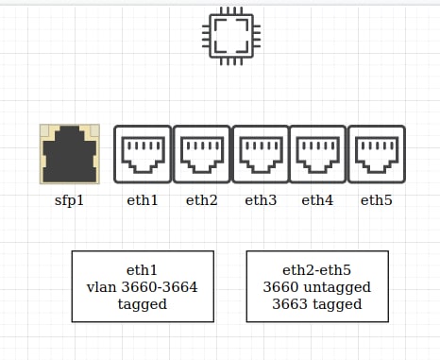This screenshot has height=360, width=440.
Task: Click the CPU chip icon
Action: [x=231, y=36]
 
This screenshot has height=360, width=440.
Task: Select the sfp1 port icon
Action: [x=70, y=154]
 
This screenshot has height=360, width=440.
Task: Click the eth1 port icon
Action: [x=143, y=154]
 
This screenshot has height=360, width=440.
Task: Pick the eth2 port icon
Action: [x=202, y=154]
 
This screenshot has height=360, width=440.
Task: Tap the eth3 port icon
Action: [x=261, y=154]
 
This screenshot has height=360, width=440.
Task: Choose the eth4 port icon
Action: [x=317, y=154]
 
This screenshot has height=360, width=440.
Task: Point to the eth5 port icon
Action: [x=377, y=154]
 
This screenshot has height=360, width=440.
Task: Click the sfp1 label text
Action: [x=69, y=200]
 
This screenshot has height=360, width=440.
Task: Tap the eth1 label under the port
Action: [x=143, y=200]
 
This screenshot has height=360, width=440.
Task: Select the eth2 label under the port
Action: [x=202, y=200]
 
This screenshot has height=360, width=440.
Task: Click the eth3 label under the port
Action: [x=261, y=200]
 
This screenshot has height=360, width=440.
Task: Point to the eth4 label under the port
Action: [x=317, y=200]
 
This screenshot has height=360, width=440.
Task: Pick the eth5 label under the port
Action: [x=377, y=200]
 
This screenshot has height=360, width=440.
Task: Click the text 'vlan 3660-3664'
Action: [x=143, y=287]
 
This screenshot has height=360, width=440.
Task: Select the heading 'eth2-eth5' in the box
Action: [x=317, y=270]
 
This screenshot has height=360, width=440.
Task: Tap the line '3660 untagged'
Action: [x=317, y=287]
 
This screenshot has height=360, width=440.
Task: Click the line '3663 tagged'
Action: [x=317, y=304]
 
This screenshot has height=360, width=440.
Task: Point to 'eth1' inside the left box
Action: [x=142, y=270]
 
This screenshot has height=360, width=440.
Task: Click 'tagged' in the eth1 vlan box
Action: [x=143, y=305]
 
